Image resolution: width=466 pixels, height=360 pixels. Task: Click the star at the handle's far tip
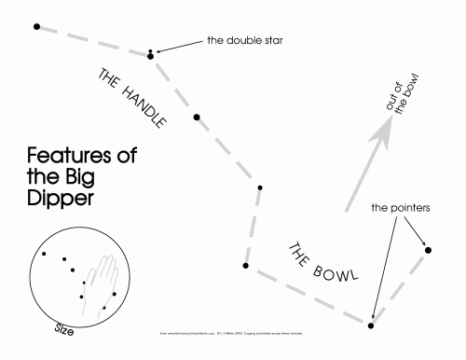36,26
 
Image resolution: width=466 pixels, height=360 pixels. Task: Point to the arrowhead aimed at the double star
163,49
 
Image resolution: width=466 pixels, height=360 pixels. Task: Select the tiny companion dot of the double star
150,49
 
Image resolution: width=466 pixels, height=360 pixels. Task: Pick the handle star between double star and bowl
196,118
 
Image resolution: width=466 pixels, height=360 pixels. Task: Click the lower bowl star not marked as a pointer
245,266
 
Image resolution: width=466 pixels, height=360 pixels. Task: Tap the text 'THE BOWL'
322,263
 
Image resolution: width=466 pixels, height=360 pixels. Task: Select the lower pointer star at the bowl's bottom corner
371,325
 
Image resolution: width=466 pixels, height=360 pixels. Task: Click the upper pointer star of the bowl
428,248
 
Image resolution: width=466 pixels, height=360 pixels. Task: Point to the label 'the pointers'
399,207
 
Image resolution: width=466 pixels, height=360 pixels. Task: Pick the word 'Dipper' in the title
61,199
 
